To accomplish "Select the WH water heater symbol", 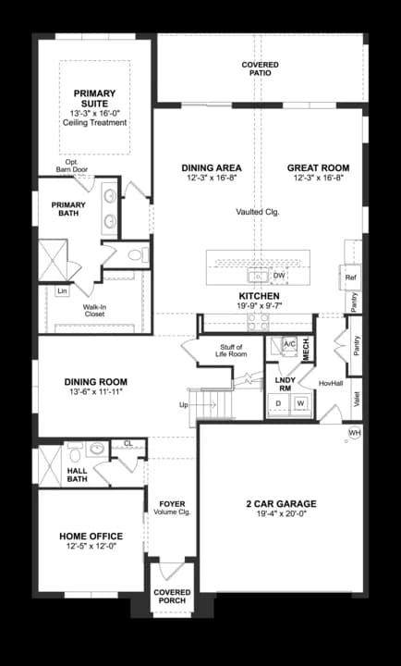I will (x=354, y=432).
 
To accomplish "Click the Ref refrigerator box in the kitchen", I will (x=350, y=277).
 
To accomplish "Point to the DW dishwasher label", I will (x=279, y=276).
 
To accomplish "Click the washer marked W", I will (x=300, y=403).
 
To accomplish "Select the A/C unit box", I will (x=288, y=344).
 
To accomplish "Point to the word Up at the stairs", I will (x=183, y=405).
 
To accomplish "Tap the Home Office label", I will (x=91, y=536).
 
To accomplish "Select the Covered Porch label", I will (x=172, y=595).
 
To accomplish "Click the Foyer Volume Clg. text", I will (x=172, y=508).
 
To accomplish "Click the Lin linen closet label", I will (x=62, y=291).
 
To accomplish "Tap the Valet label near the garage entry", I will (x=357, y=398).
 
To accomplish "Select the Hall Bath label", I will (x=78, y=474).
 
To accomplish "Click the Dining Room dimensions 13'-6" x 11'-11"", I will (x=95, y=392).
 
